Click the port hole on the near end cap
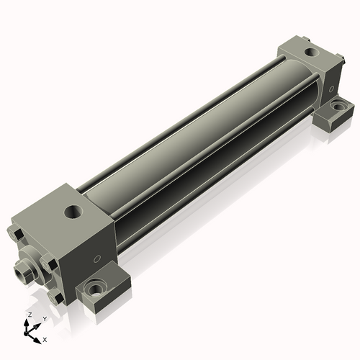tap(73, 212)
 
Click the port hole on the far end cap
tap(312, 52)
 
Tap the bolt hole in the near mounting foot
tap(96, 288)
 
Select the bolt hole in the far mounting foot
tap(338, 106)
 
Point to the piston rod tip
tap(22, 272)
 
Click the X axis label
tap(45, 340)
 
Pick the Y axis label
tap(45, 319)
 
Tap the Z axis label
tap(30, 315)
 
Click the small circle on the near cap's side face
tap(96, 259)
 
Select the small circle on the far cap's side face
tap(331, 89)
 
